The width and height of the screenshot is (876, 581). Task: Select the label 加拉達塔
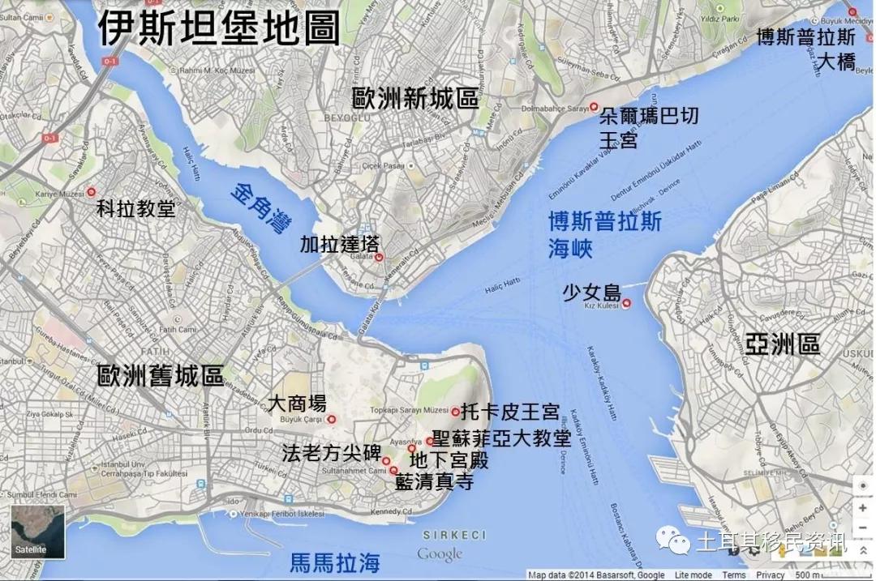click(328, 244)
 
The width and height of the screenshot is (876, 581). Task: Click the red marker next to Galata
click(379, 258)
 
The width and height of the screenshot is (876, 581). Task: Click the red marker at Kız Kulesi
click(625, 304)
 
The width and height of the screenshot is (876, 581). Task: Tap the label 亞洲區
click(784, 344)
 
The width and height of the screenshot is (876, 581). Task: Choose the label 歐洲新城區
click(414, 98)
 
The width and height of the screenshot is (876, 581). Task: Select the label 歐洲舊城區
click(160, 376)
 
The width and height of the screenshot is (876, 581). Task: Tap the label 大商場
click(297, 403)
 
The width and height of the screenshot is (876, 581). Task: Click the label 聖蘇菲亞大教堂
click(501, 438)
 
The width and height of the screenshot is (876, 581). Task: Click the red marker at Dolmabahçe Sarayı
click(594, 107)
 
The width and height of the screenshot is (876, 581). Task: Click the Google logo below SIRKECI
click(440, 555)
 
